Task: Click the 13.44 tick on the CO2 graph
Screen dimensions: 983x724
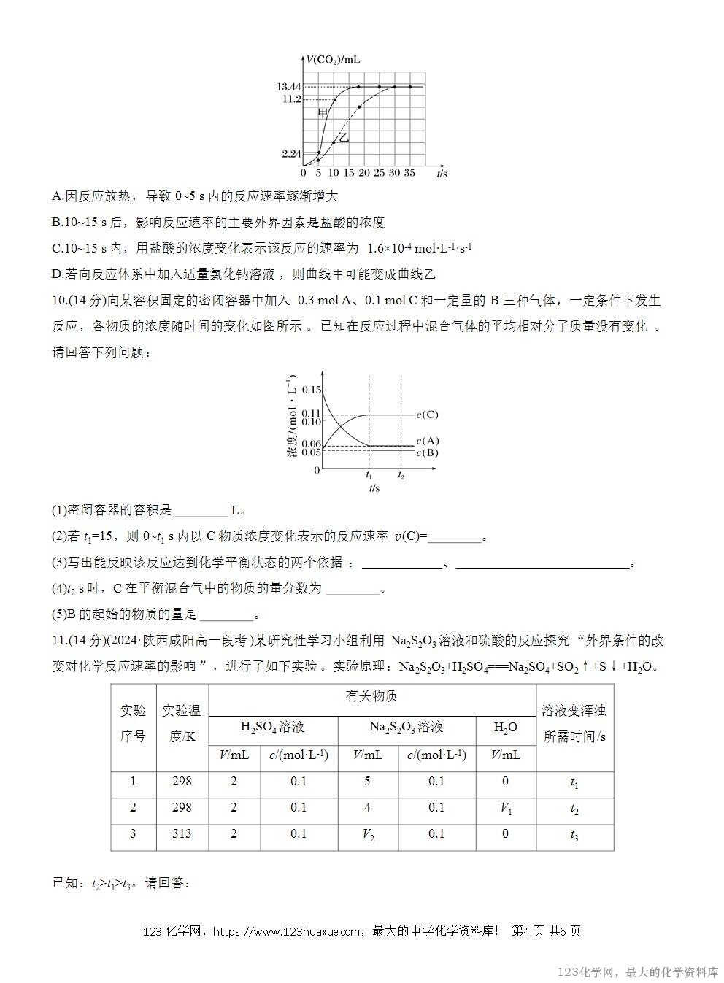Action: pos(289,87)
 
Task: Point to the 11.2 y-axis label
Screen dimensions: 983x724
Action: pos(291,99)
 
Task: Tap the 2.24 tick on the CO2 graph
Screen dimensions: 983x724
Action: pos(290,154)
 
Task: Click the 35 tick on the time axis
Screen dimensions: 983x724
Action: pos(409,174)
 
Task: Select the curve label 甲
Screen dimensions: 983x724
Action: pos(323,112)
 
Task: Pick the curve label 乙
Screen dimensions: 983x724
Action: pos(343,137)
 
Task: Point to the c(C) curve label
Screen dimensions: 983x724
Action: pos(427,415)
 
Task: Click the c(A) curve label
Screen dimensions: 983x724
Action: pos(427,441)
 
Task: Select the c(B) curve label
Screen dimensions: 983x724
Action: pos(427,452)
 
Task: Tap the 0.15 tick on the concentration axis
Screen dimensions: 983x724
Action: pos(311,390)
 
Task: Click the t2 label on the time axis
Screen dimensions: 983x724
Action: pos(401,475)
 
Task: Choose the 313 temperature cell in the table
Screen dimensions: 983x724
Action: pos(182,833)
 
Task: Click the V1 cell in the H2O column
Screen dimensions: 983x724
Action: pos(506,808)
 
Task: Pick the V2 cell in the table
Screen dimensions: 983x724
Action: pos(368,834)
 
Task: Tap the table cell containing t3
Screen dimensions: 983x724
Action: pos(574,835)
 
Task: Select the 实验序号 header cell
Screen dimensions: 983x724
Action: pos(133,724)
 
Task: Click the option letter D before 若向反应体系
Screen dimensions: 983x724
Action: pos(57,274)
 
